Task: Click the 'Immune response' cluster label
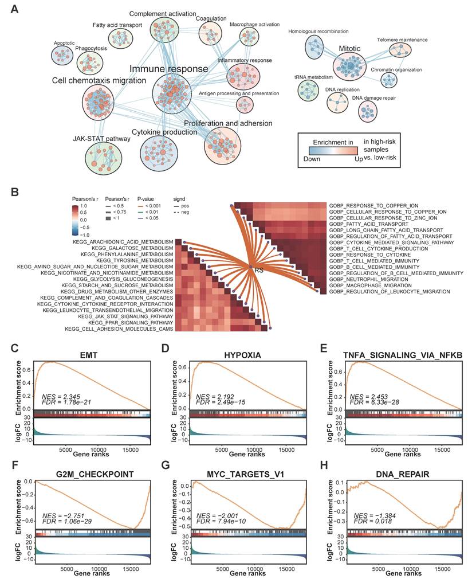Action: tap(168, 69)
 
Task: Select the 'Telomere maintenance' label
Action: tap(402, 40)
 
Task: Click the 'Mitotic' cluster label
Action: tap(349, 49)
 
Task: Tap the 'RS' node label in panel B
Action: tap(259, 268)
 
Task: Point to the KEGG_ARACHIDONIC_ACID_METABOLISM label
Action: tap(123, 242)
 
